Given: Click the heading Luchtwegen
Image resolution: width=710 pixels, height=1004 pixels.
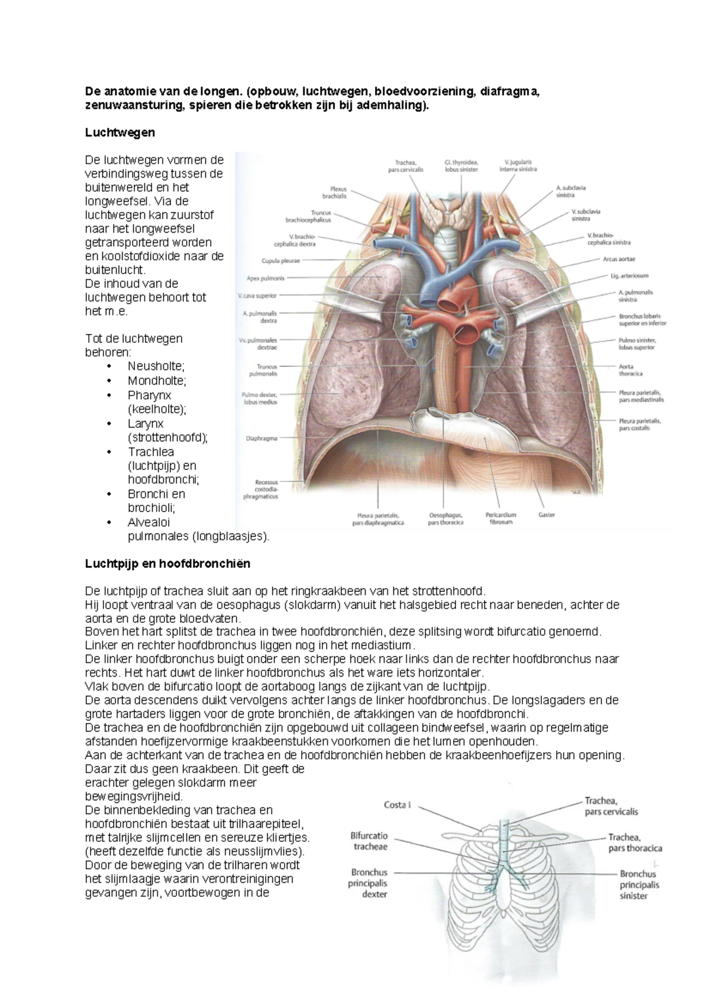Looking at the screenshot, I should [x=120, y=133].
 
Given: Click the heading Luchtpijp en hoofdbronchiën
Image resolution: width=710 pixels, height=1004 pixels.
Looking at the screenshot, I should [x=167, y=564].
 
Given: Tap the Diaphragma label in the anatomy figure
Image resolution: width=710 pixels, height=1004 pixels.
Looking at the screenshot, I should [x=261, y=439].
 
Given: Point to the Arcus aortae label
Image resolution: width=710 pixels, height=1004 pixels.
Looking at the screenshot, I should [x=618, y=259].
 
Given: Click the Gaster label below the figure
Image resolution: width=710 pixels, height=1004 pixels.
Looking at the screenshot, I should [x=546, y=515].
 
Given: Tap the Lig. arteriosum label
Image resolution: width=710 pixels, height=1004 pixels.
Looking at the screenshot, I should [x=629, y=276].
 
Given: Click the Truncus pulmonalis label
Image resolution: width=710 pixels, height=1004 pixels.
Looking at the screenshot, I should [x=263, y=371].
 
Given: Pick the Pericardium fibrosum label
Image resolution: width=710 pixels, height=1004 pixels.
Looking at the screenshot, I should [x=501, y=519].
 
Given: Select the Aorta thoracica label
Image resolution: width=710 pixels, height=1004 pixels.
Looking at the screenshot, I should [x=630, y=370].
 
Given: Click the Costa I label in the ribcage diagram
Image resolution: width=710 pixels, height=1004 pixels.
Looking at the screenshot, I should [x=397, y=805].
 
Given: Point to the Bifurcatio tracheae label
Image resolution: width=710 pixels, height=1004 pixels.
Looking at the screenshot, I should [x=369, y=841].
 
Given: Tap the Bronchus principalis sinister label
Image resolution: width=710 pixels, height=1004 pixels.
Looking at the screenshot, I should [x=638, y=884].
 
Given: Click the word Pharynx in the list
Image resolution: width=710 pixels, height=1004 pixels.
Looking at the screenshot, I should [x=149, y=395].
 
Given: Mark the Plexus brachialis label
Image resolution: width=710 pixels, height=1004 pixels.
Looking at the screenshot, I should [x=334, y=192].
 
